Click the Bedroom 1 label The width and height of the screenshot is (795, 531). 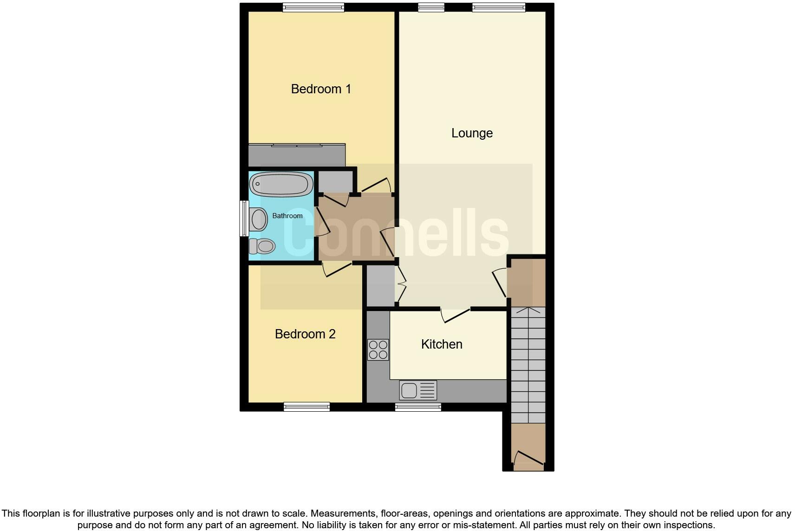pos(321,89)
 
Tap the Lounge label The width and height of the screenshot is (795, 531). pos(472,133)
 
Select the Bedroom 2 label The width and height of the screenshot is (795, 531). pos(305,334)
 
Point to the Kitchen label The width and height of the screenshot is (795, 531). pos(442,344)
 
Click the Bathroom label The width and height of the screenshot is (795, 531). pos(287,216)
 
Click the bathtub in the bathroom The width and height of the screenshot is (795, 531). pos(281,184)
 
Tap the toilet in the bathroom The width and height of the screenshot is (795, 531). pos(262,246)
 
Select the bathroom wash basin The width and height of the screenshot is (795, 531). pos(259,219)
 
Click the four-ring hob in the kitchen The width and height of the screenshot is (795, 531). pos(378,350)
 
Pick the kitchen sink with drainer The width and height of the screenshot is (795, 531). pos(418,390)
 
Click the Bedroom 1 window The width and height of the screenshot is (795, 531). pos(313,7)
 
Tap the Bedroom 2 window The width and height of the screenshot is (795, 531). pos(306,407)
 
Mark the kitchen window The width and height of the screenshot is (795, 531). pos(418,407)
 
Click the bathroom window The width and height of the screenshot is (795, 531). pos(244,218)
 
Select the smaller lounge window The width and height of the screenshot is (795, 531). pos(431,7)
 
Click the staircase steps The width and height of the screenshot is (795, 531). pos(528,364)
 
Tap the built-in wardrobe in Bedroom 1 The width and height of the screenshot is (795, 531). pos(297,155)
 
